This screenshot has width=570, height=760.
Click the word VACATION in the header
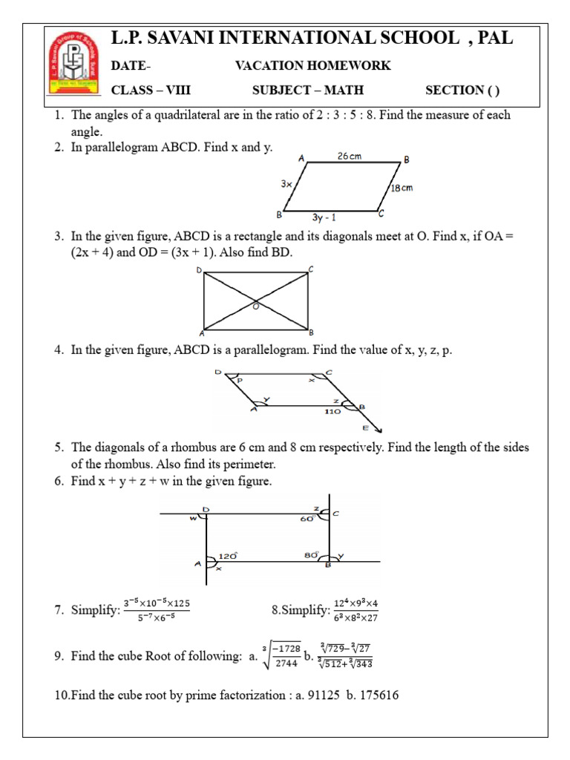[268, 66]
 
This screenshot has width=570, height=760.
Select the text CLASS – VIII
[151, 91]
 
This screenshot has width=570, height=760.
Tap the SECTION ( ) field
[462, 91]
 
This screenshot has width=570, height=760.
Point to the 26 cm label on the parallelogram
[349, 157]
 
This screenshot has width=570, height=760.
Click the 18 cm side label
[402, 188]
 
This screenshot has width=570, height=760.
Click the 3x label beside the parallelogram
[286, 183]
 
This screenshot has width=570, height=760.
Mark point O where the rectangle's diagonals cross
[255, 302]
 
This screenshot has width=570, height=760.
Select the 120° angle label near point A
[227, 554]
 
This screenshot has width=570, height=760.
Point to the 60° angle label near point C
[307, 519]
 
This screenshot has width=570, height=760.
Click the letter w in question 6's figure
[193, 518]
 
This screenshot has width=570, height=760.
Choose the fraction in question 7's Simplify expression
[156, 610]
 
